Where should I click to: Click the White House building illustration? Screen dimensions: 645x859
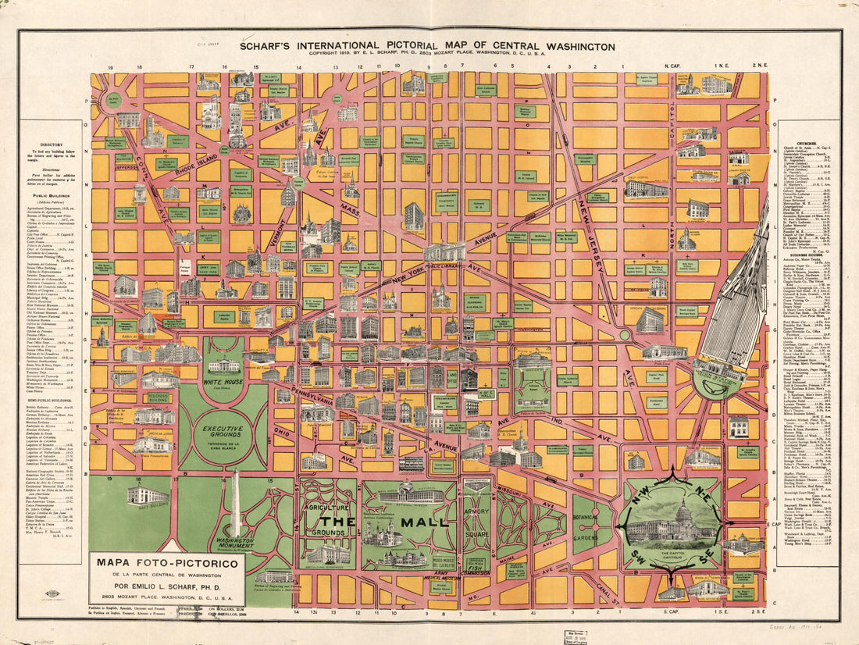coord(223,365)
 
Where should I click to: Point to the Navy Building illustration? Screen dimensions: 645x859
coord(147,495)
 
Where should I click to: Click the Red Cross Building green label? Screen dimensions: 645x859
coord(159,397)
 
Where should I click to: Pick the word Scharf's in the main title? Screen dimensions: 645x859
coord(270,47)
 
